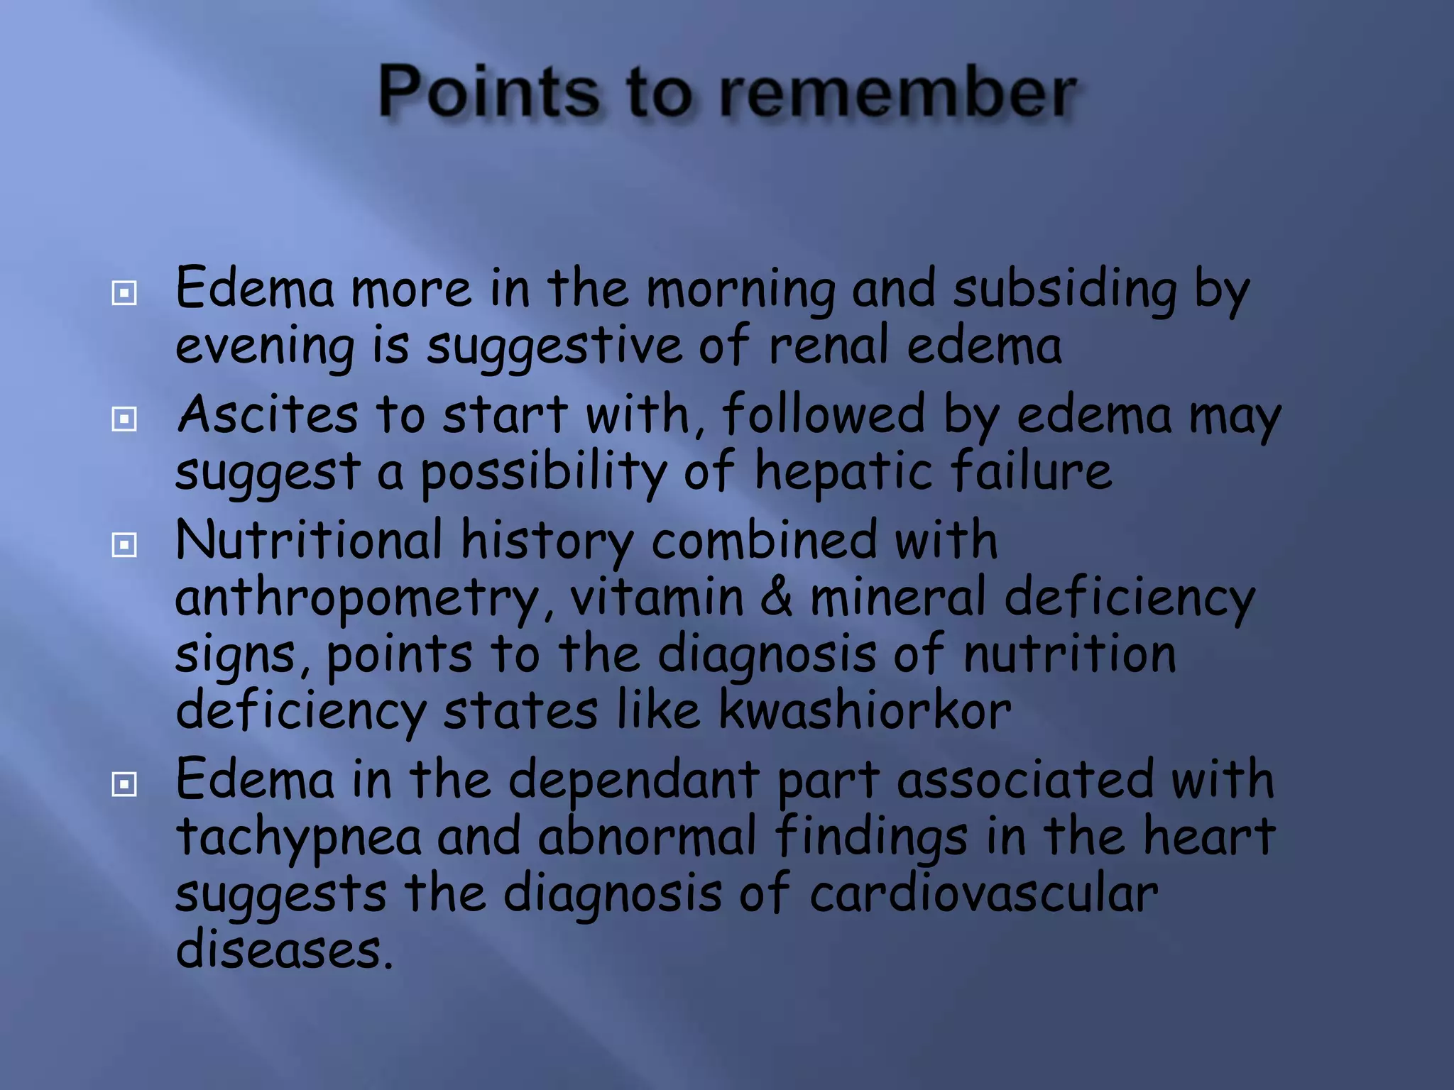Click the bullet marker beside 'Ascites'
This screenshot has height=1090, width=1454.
[124, 419]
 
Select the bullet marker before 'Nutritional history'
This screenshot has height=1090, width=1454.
[124, 545]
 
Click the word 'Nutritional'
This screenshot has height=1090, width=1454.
[309, 540]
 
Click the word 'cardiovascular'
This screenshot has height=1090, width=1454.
[983, 893]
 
